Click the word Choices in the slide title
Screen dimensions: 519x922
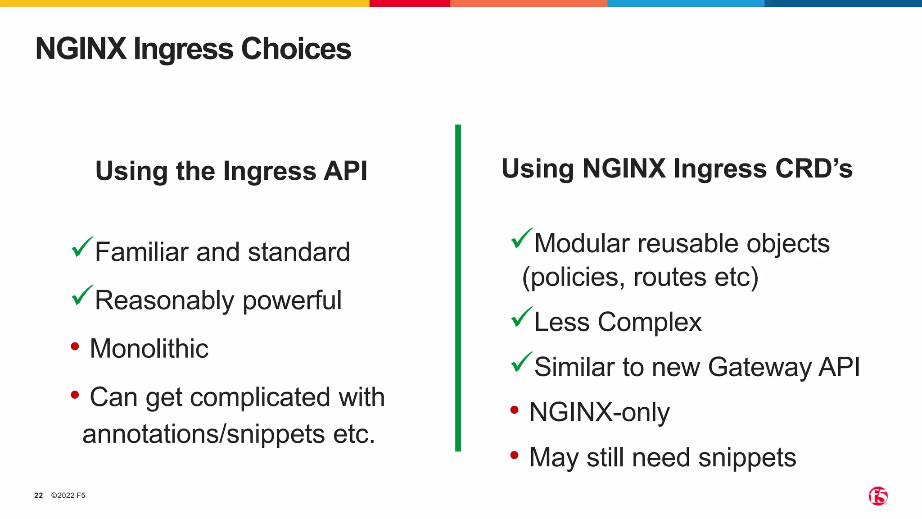coord(296,49)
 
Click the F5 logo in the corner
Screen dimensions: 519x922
coord(878,496)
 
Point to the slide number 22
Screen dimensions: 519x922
coord(39,496)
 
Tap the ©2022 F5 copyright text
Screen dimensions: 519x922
coord(68,496)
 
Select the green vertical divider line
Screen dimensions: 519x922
coord(458,288)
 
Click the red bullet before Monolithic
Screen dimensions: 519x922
coord(75,347)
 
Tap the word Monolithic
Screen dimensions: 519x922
coord(149,349)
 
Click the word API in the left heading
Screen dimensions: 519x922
coord(345,171)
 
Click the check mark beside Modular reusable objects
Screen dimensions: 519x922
coord(521,239)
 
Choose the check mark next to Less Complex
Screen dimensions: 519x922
coord(521,317)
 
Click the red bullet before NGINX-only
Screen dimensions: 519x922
coord(514,410)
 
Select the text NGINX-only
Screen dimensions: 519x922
coord(599,412)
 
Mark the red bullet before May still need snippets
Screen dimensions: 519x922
coord(514,455)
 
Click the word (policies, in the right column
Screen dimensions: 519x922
coord(573,277)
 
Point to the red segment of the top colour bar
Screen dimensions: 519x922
coord(409,3)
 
